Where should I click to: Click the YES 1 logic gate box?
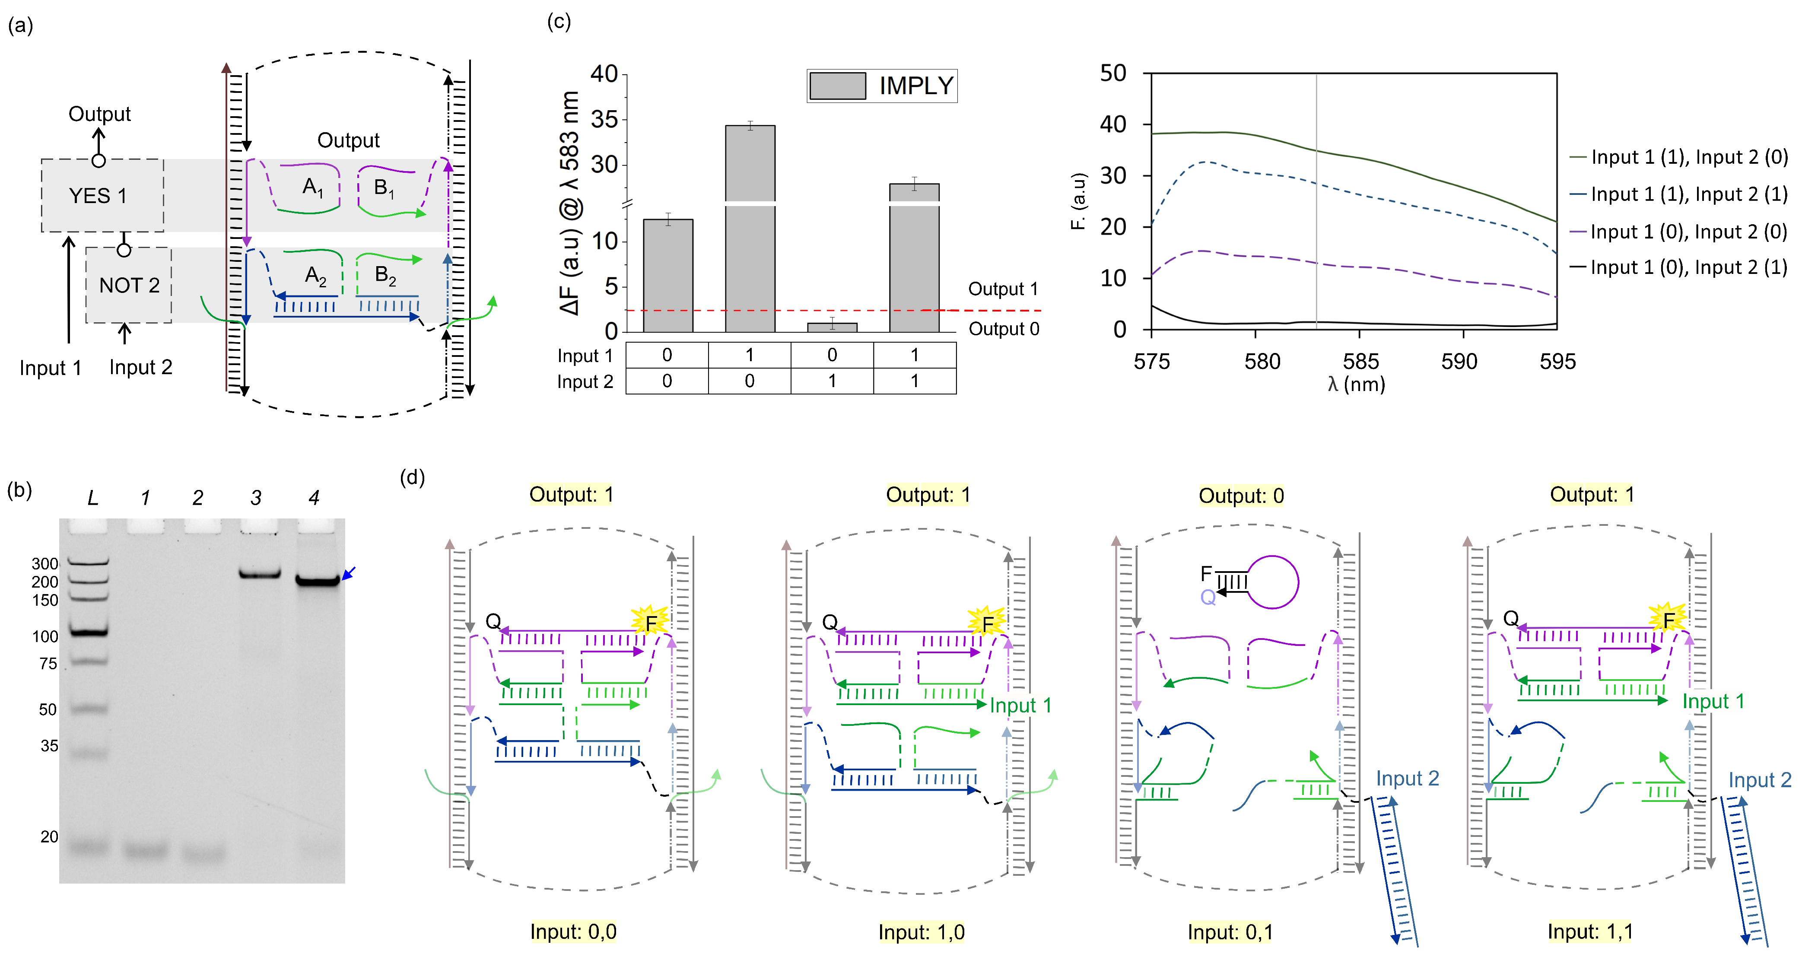102,195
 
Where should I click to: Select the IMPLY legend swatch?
837,86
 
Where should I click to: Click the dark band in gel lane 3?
260,574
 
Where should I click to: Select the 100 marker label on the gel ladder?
45,636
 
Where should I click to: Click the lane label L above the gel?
92,498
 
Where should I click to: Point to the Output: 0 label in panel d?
1241,496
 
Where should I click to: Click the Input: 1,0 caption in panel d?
921,932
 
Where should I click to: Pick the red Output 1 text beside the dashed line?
1002,289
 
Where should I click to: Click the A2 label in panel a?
315,275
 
